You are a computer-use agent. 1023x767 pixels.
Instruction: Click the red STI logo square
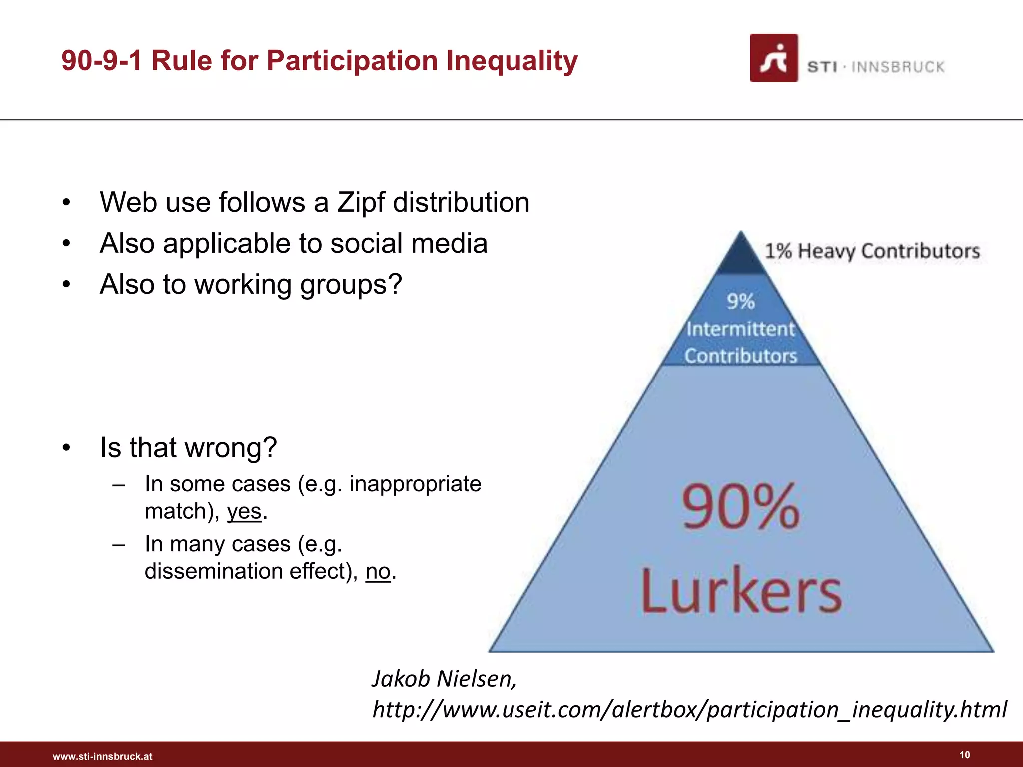pyautogui.click(x=773, y=58)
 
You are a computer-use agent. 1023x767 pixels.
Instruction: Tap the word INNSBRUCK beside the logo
pyautogui.click(x=898, y=67)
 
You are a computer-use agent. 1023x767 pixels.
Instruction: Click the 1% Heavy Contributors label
pyautogui.click(x=872, y=251)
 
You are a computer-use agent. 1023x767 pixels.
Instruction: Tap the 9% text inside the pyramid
pyautogui.click(x=740, y=301)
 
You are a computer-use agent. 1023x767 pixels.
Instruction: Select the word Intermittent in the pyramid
pyautogui.click(x=740, y=329)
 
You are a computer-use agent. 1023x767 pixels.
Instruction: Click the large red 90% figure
pyautogui.click(x=741, y=507)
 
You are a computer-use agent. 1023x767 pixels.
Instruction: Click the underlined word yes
pyautogui.click(x=244, y=511)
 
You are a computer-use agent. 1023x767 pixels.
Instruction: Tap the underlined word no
pyautogui.click(x=378, y=571)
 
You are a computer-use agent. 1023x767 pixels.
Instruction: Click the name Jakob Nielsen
pyautogui.click(x=444, y=679)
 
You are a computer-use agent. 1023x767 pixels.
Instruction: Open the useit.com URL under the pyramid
pyautogui.click(x=689, y=709)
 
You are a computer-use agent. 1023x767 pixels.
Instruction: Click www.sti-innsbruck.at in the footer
pyautogui.click(x=103, y=756)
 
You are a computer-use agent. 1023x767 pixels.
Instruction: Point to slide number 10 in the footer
pyautogui.click(x=965, y=755)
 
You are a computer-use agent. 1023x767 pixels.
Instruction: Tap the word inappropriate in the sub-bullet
pyautogui.click(x=415, y=484)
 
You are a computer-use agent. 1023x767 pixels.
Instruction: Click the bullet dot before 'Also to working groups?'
pyautogui.click(x=66, y=285)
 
